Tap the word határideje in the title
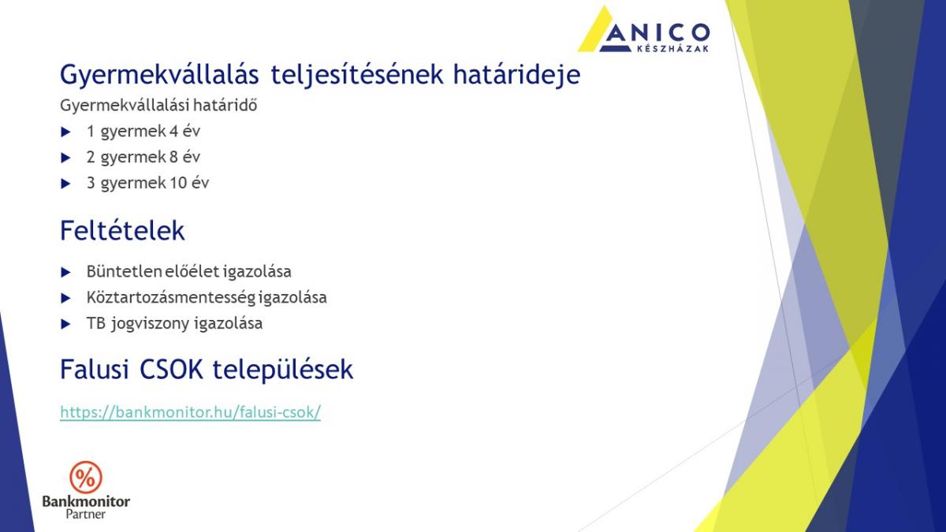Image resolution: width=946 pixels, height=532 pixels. click(516, 76)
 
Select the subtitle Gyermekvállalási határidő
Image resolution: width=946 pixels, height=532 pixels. click(158, 106)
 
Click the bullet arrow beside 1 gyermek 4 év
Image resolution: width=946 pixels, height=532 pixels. click(65, 132)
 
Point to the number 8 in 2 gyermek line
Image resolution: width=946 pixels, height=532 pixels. click(173, 157)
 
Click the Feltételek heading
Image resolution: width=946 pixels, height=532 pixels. click(122, 230)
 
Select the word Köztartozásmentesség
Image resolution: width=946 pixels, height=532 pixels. click(170, 298)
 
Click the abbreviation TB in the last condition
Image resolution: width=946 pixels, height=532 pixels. click(95, 323)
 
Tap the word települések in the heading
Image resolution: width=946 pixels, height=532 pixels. click(282, 370)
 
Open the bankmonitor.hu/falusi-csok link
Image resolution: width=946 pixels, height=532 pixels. click(191, 412)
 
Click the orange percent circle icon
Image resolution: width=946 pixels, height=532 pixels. click(86, 478)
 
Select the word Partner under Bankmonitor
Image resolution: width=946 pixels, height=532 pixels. click(86, 514)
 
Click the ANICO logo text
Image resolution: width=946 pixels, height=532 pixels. click(655, 32)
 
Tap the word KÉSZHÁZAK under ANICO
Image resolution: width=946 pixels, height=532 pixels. click(672, 49)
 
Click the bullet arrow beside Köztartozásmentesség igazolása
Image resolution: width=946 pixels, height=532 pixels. click(65, 299)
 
